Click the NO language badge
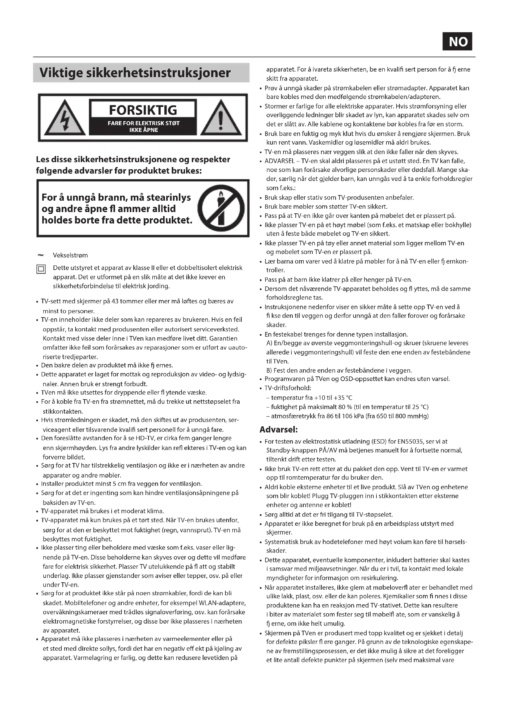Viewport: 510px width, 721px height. tap(457, 41)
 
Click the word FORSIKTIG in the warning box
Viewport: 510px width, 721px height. tap(143, 110)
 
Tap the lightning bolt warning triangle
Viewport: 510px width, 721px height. tap(65, 119)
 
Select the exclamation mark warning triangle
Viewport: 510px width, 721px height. tap(221, 119)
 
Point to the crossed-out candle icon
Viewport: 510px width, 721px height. tap(221, 208)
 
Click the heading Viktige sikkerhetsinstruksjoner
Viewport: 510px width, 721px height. tap(135, 73)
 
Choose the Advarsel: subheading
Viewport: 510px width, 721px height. tap(278, 429)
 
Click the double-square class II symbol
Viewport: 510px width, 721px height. tap(41, 269)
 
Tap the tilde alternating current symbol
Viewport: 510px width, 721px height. tap(40, 255)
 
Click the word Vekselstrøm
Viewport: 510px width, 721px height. tap(70, 255)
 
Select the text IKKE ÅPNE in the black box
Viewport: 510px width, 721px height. tap(143, 130)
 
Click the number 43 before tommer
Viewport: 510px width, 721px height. tap(115, 301)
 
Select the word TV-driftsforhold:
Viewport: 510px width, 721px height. tap(288, 388)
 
